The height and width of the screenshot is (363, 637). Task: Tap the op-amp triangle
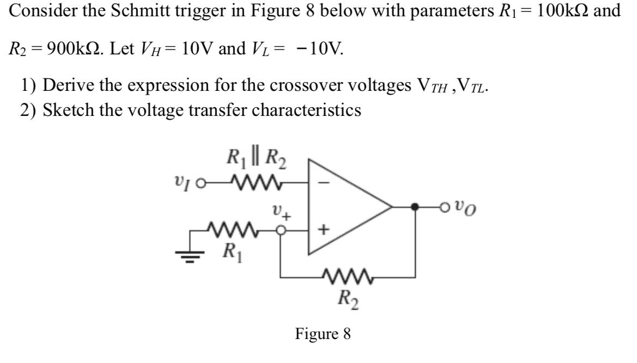(x=343, y=207)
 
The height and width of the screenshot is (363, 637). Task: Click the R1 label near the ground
(x=230, y=251)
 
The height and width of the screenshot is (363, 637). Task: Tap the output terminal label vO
(x=468, y=207)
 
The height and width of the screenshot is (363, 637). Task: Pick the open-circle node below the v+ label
(x=282, y=231)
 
